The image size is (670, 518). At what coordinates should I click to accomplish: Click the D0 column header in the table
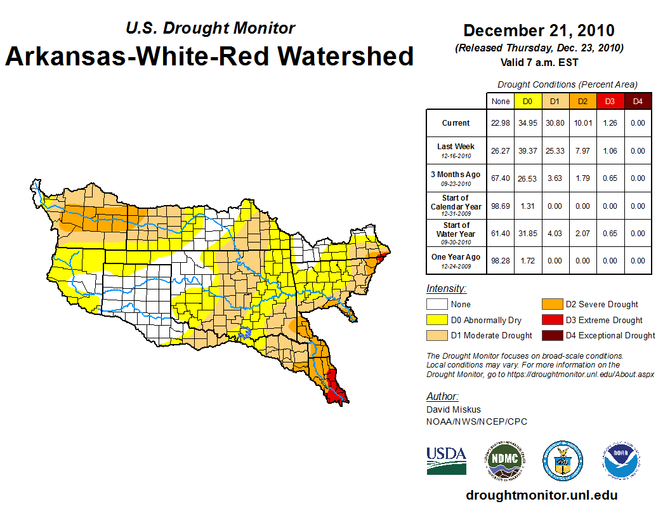(527, 102)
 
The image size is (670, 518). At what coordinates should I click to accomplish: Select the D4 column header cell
(638, 102)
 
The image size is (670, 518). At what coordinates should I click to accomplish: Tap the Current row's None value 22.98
(501, 123)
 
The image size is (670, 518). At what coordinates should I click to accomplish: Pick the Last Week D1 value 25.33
(555, 151)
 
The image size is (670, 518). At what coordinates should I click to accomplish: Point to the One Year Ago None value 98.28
(501, 261)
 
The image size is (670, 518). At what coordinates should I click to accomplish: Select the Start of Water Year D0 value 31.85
(527, 234)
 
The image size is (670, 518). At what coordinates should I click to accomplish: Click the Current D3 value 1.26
(610, 123)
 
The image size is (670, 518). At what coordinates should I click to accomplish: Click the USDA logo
(446, 460)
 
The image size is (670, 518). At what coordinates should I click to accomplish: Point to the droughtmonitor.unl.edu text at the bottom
(541, 495)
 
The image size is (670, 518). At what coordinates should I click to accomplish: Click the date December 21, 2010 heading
(539, 30)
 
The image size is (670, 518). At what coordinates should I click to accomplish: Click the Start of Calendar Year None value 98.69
(501, 206)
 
